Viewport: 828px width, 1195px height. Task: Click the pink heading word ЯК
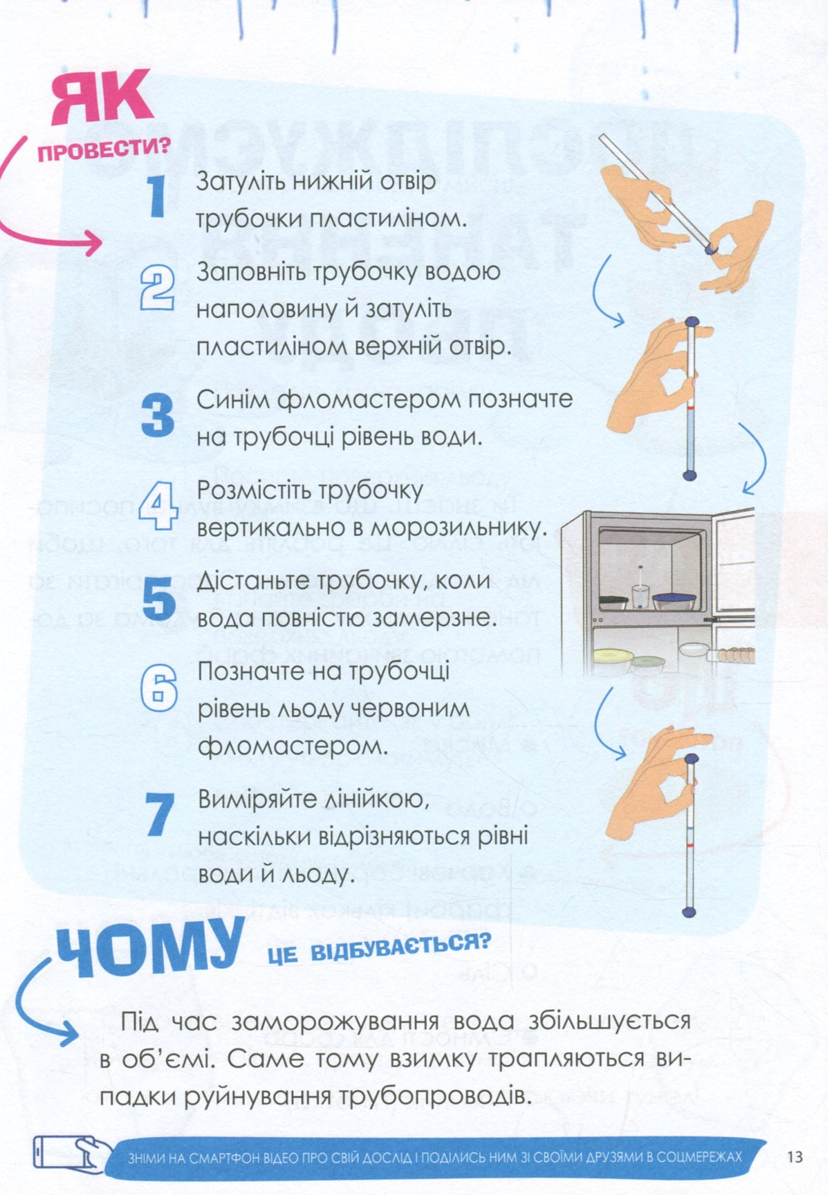pos(102,97)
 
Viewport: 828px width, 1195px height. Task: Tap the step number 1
pos(156,196)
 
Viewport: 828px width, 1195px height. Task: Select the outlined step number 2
pos(157,290)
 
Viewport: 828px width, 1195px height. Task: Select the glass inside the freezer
pos(640,596)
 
